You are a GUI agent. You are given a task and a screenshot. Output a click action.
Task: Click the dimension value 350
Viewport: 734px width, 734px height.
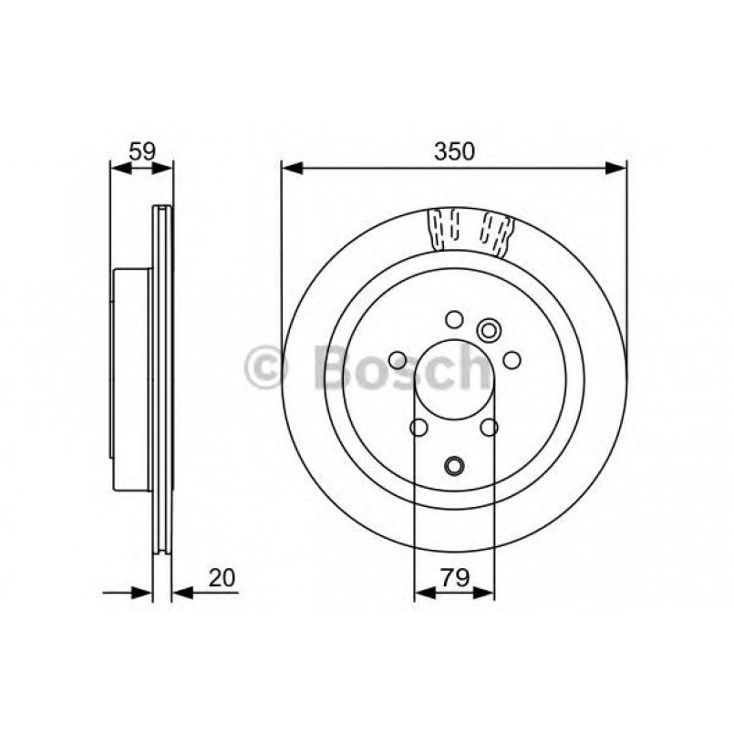(454, 152)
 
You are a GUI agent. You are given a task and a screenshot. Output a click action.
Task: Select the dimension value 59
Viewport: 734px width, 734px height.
(141, 152)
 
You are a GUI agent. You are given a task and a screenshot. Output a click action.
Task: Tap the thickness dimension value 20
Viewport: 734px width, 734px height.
(222, 577)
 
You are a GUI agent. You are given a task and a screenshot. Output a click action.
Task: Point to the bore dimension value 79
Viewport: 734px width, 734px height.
(455, 577)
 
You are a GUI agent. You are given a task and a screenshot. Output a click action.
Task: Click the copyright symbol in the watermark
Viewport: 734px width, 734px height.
(267, 369)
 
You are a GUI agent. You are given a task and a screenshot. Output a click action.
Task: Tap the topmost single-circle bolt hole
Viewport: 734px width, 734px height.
(454, 319)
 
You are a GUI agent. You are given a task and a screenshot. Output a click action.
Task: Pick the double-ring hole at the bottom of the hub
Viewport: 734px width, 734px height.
(454, 466)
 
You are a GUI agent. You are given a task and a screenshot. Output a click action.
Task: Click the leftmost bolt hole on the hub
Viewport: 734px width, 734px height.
(398, 360)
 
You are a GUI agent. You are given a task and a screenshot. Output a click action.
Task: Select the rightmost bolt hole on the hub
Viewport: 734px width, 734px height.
(512, 360)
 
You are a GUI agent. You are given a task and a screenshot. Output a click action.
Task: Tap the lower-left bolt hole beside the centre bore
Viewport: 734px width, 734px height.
(419, 427)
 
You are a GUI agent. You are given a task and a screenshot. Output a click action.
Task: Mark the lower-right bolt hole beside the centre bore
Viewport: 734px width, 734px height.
(490, 427)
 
